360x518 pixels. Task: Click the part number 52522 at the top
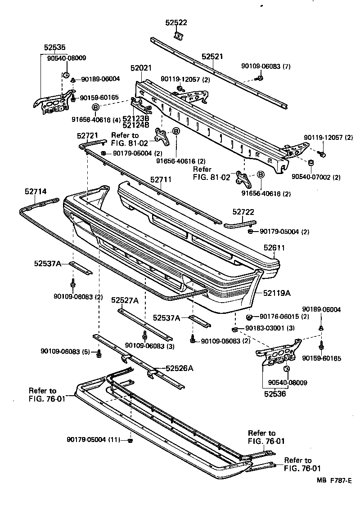coord(176,23)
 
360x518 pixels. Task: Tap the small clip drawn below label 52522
coord(178,35)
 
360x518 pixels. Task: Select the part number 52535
coord(54,47)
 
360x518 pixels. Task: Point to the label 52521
coord(212,57)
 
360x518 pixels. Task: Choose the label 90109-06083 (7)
coord(266,67)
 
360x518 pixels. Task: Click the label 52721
coord(87,135)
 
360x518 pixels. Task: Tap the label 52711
coord(161,180)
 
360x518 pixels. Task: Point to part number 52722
coord(243,211)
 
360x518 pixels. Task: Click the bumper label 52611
coord(274,248)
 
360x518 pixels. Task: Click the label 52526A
coord(179,368)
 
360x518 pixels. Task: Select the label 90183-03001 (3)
coord(270,328)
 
